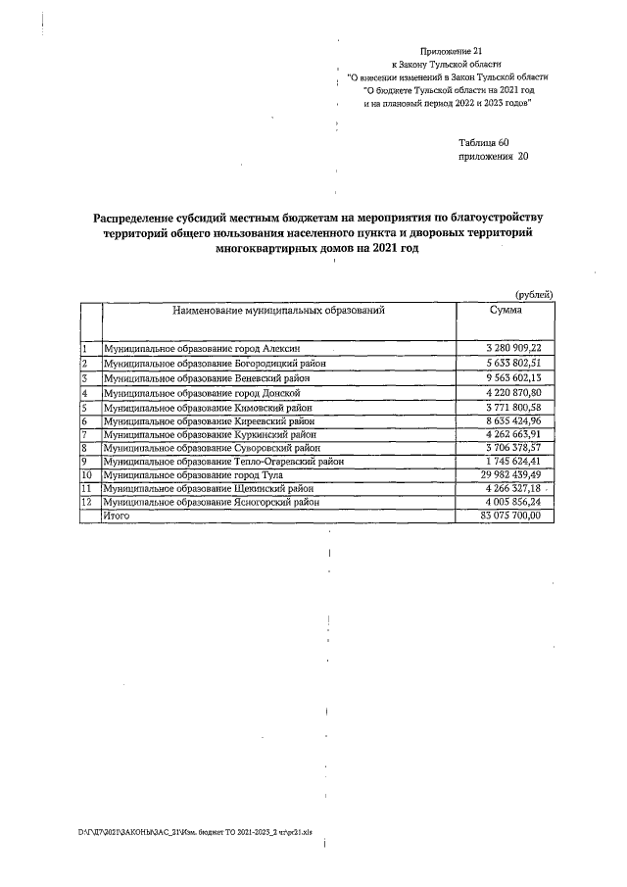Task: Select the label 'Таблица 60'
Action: pyautogui.click(x=484, y=142)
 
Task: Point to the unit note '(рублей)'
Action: pyautogui.click(x=534, y=294)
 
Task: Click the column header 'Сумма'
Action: pyautogui.click(x=506, y=310)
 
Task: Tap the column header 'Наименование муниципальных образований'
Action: pyautogui.click(x=277, y=310)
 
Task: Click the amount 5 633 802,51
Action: pyautogui.click(x=513, y=363)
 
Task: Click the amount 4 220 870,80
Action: pyautogui.click(x=513, y=392)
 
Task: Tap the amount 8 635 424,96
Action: pyautogui.click(x=513, y=419)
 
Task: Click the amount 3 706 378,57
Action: pyautogui.click(x=513, y=448)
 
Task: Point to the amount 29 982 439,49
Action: pyautogui.click(x=510, y=475)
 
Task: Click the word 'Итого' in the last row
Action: pyautogui.click(x=117, y=516)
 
